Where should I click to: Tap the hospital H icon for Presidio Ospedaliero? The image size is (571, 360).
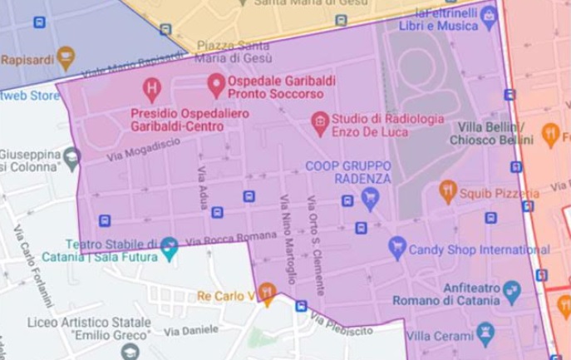click(x=152, y=86)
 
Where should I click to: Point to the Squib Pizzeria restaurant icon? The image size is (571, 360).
click(x=448, y=191)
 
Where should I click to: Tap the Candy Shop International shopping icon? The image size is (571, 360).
click(x=397, y=247)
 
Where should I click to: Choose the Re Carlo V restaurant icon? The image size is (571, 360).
click(x=266, y=292)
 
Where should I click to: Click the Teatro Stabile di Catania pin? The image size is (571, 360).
click(x=170, y=246)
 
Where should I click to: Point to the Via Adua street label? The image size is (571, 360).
click(x=202, y=186)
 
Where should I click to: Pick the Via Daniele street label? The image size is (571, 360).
click(x=185, y=331)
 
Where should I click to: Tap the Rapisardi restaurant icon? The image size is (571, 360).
click(x=66, y=58)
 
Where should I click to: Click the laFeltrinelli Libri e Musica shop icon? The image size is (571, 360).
click(x=490, y=15)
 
